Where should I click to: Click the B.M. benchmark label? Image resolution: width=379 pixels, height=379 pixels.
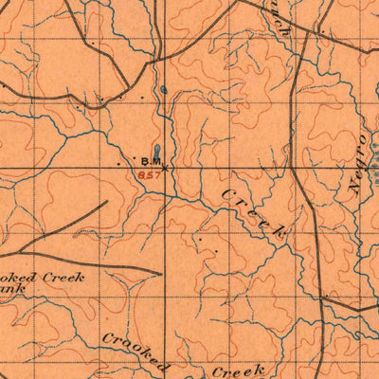click(153, 161)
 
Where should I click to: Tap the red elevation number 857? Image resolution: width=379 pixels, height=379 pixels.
click(149, 174)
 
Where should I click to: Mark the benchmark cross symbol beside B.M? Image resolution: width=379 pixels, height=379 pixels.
click(167, 167)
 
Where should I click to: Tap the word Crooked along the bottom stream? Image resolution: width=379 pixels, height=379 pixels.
click(136, 352)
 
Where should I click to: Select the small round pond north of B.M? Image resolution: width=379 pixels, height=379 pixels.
click(163, 90)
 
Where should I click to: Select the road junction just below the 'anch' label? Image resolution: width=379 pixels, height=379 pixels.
click(301, 43)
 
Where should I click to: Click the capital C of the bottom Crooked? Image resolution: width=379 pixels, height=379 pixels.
click(108, 336)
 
